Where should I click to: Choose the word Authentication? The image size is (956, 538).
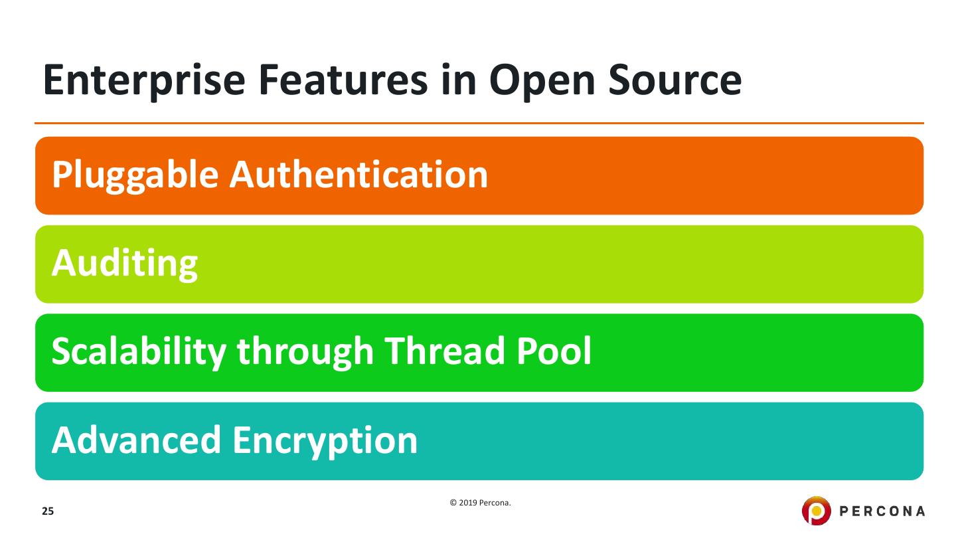[x=358, y=175]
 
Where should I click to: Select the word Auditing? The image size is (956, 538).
[x=124, y=264]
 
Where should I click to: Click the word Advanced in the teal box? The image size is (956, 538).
[x=136, y=440]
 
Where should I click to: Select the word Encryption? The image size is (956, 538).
[x=325, y=440]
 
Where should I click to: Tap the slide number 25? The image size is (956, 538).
[x=47, y=511]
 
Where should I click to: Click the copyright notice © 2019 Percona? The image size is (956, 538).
[x=481, y=503]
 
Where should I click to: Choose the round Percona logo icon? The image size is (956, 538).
[x=816, y=511]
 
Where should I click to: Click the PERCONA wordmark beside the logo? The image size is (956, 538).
[x=882, y=511]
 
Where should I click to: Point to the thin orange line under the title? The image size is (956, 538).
[x=479, y=123]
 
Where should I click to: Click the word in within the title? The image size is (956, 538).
[x=463, y=80]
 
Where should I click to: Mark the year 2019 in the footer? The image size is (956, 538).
[x=469, y=503]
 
